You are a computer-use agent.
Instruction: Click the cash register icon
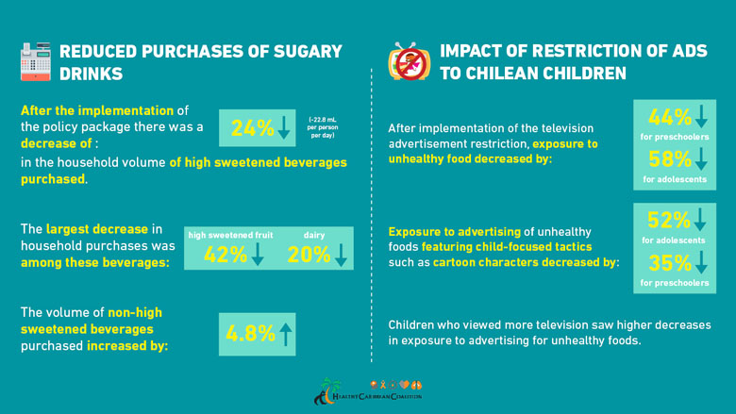(x=35, y=60)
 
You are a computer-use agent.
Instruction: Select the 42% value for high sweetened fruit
(x=226, y=254)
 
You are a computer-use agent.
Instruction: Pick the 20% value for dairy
(x=309, y=254)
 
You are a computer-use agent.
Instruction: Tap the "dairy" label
(x=314, y=234)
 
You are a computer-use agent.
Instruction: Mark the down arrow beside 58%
(x=700, y=160)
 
